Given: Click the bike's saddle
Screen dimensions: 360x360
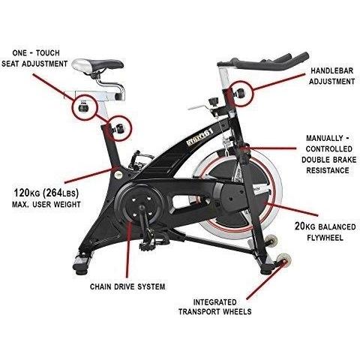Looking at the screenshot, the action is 97,64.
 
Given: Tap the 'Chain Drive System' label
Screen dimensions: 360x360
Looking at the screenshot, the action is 127,286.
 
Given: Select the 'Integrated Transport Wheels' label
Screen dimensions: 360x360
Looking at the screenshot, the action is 215,307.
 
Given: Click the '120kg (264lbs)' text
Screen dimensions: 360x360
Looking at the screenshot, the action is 46,193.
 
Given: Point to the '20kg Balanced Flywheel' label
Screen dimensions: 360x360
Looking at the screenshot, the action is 325,232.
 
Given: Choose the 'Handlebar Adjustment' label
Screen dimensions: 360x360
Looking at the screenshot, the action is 332,76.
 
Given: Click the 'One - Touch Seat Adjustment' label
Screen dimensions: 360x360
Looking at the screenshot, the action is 34,58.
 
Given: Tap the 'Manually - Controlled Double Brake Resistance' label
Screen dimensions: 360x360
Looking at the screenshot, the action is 328,154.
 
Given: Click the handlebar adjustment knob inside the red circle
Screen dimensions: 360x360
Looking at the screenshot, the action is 240,93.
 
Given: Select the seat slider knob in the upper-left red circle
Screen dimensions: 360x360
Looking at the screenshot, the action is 83,108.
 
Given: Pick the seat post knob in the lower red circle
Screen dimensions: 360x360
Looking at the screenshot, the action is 118,128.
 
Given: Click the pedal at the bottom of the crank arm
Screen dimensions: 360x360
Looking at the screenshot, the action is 150,244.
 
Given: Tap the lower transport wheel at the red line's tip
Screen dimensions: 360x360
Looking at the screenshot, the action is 283,259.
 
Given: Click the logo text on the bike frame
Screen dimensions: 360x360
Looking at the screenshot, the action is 200,137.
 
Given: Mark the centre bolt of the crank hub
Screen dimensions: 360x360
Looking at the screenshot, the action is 142,207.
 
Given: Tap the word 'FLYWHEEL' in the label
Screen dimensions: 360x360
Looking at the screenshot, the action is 325,238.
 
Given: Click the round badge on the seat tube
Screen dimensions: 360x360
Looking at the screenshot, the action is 118,175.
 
